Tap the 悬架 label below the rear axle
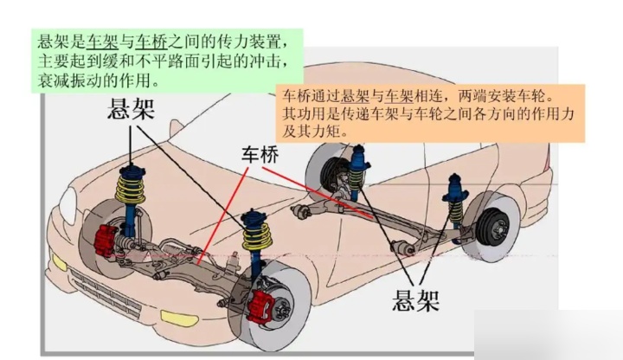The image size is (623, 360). tap(415, 299)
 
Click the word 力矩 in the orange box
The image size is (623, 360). tap(319, 132)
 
